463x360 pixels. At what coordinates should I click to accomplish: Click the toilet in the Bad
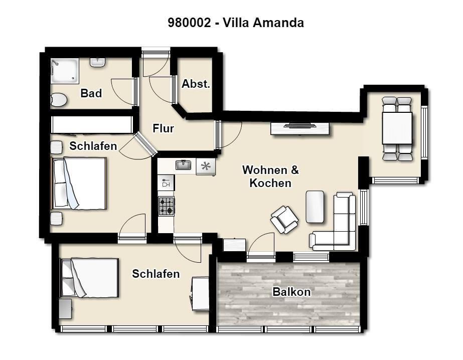click(x=59, y=100)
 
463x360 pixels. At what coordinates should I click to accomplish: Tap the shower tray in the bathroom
click(x=65, y=71)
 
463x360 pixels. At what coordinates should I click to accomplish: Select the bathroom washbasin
click(x=98, y=62)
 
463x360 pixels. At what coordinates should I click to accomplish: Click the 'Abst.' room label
click(x=196, y=84)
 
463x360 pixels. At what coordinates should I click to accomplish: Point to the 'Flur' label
click(x=164, y=128)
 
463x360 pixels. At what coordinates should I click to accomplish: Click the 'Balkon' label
click(x=291, y=292)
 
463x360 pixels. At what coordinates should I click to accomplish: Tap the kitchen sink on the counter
click(x=184, y=165)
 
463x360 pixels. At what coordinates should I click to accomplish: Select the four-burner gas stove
click(x=166, y=206)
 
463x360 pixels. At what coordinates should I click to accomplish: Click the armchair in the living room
click(x=284, y=220)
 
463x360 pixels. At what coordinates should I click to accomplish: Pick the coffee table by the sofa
click(x=315, y=207)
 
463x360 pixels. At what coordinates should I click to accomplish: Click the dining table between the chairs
click(x=397, y=128)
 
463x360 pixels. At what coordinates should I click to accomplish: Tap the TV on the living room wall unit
click(x=300, y=126)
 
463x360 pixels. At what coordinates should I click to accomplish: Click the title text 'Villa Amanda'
click(x=263, y=23)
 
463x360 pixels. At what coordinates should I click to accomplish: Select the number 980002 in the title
click(x=189, y=23)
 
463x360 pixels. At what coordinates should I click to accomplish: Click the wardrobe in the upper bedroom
click(x=92, y=124)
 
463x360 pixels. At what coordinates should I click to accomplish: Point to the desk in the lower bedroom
click(x=201, y=293)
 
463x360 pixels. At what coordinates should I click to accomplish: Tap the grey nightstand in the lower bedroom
click(x=66, y=309)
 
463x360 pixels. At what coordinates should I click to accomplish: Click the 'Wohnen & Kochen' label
click(x=270, y=176)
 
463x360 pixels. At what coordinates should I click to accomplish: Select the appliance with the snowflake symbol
click(x=206, y=167)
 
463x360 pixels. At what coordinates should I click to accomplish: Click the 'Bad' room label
click(x=91, y=93)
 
